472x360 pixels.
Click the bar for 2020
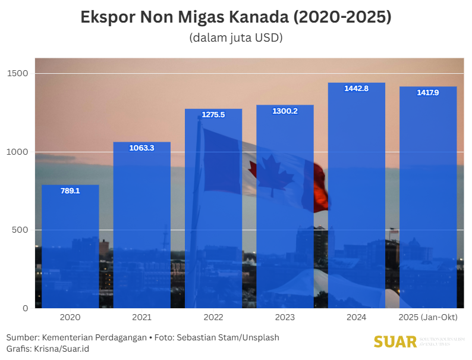[70, 246]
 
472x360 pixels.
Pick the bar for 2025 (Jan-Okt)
[428, 197]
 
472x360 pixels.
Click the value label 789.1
[70, 191]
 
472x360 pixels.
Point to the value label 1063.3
[141, 148]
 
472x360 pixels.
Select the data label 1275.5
[213, 115]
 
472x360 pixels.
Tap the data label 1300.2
[285, 111]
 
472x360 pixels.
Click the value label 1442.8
[357, 89]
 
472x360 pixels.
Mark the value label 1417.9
[428, 92]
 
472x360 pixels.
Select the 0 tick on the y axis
[26, 308]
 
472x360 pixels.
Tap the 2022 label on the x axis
[213, 318]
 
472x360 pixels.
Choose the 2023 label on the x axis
[285, 318]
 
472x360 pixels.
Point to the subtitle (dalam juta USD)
[236, 37]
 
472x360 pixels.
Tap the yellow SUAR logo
[395, 342]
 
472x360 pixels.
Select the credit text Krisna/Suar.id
[61, 349]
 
